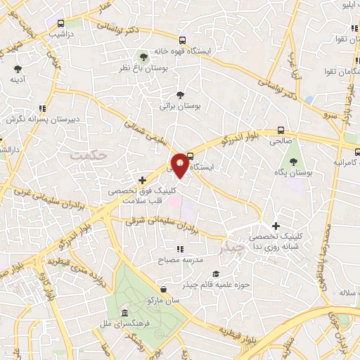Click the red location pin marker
point(181,165)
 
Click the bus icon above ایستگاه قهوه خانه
point(183,40)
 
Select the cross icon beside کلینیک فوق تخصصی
point(143,180)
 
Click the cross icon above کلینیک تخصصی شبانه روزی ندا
point(276,226)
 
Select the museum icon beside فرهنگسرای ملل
point(124,313)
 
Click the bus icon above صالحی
point(281,129)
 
